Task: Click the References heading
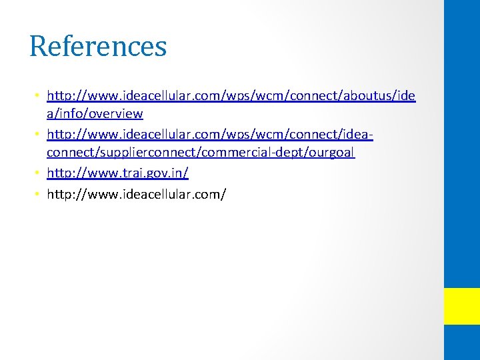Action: [98, 47]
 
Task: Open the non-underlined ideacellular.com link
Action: [137, 194]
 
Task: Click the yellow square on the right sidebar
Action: [462, 306]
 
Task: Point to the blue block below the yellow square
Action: [462, 343]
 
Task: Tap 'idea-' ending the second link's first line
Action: [357, 135]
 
